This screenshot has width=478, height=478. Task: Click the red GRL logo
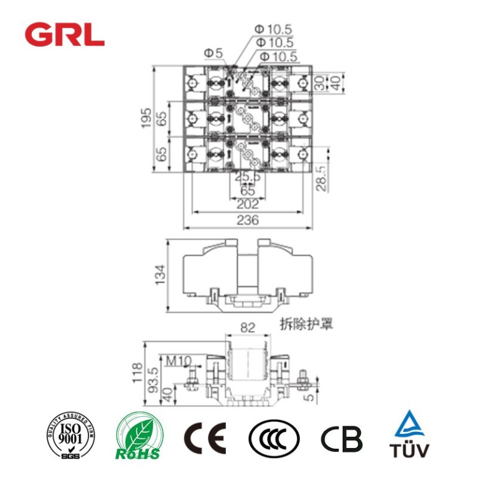click(64, 34)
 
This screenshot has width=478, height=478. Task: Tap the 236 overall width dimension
click(248, 220)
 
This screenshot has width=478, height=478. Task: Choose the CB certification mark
click(341, 439)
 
